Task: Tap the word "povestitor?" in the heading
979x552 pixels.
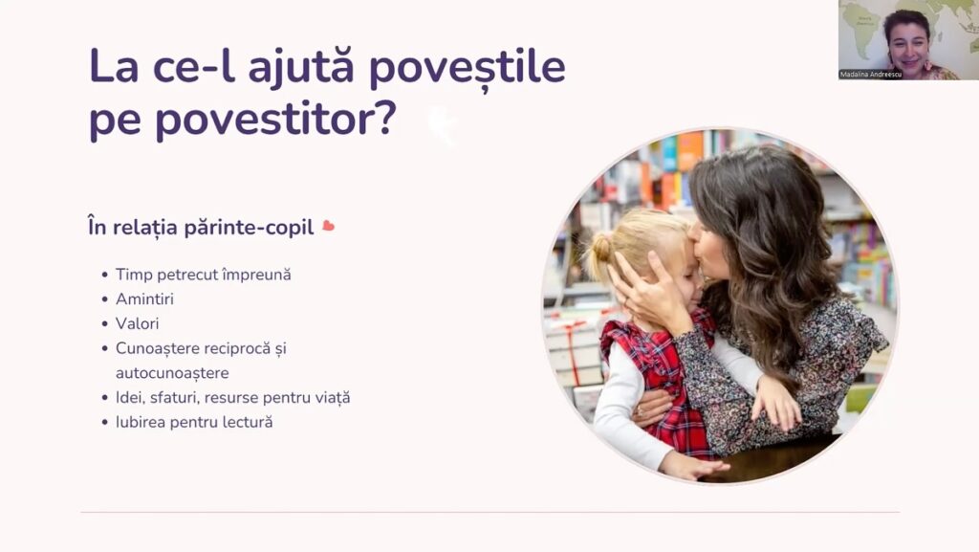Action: pos(275,118)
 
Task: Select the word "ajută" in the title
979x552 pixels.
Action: pos(301,67)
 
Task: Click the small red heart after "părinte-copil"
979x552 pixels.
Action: pos(329,226)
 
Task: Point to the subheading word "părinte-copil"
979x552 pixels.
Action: pos(250,228)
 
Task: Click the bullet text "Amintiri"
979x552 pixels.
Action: pos(145,299)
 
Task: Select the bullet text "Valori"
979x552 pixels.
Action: pos(138,323)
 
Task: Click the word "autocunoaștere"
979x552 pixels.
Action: pos(172,373)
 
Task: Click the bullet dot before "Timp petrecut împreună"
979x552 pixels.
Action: pos(105,276)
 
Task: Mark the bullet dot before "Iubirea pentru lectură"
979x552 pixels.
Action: pos(105,423)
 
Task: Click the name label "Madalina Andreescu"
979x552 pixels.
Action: pos(871,75)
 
